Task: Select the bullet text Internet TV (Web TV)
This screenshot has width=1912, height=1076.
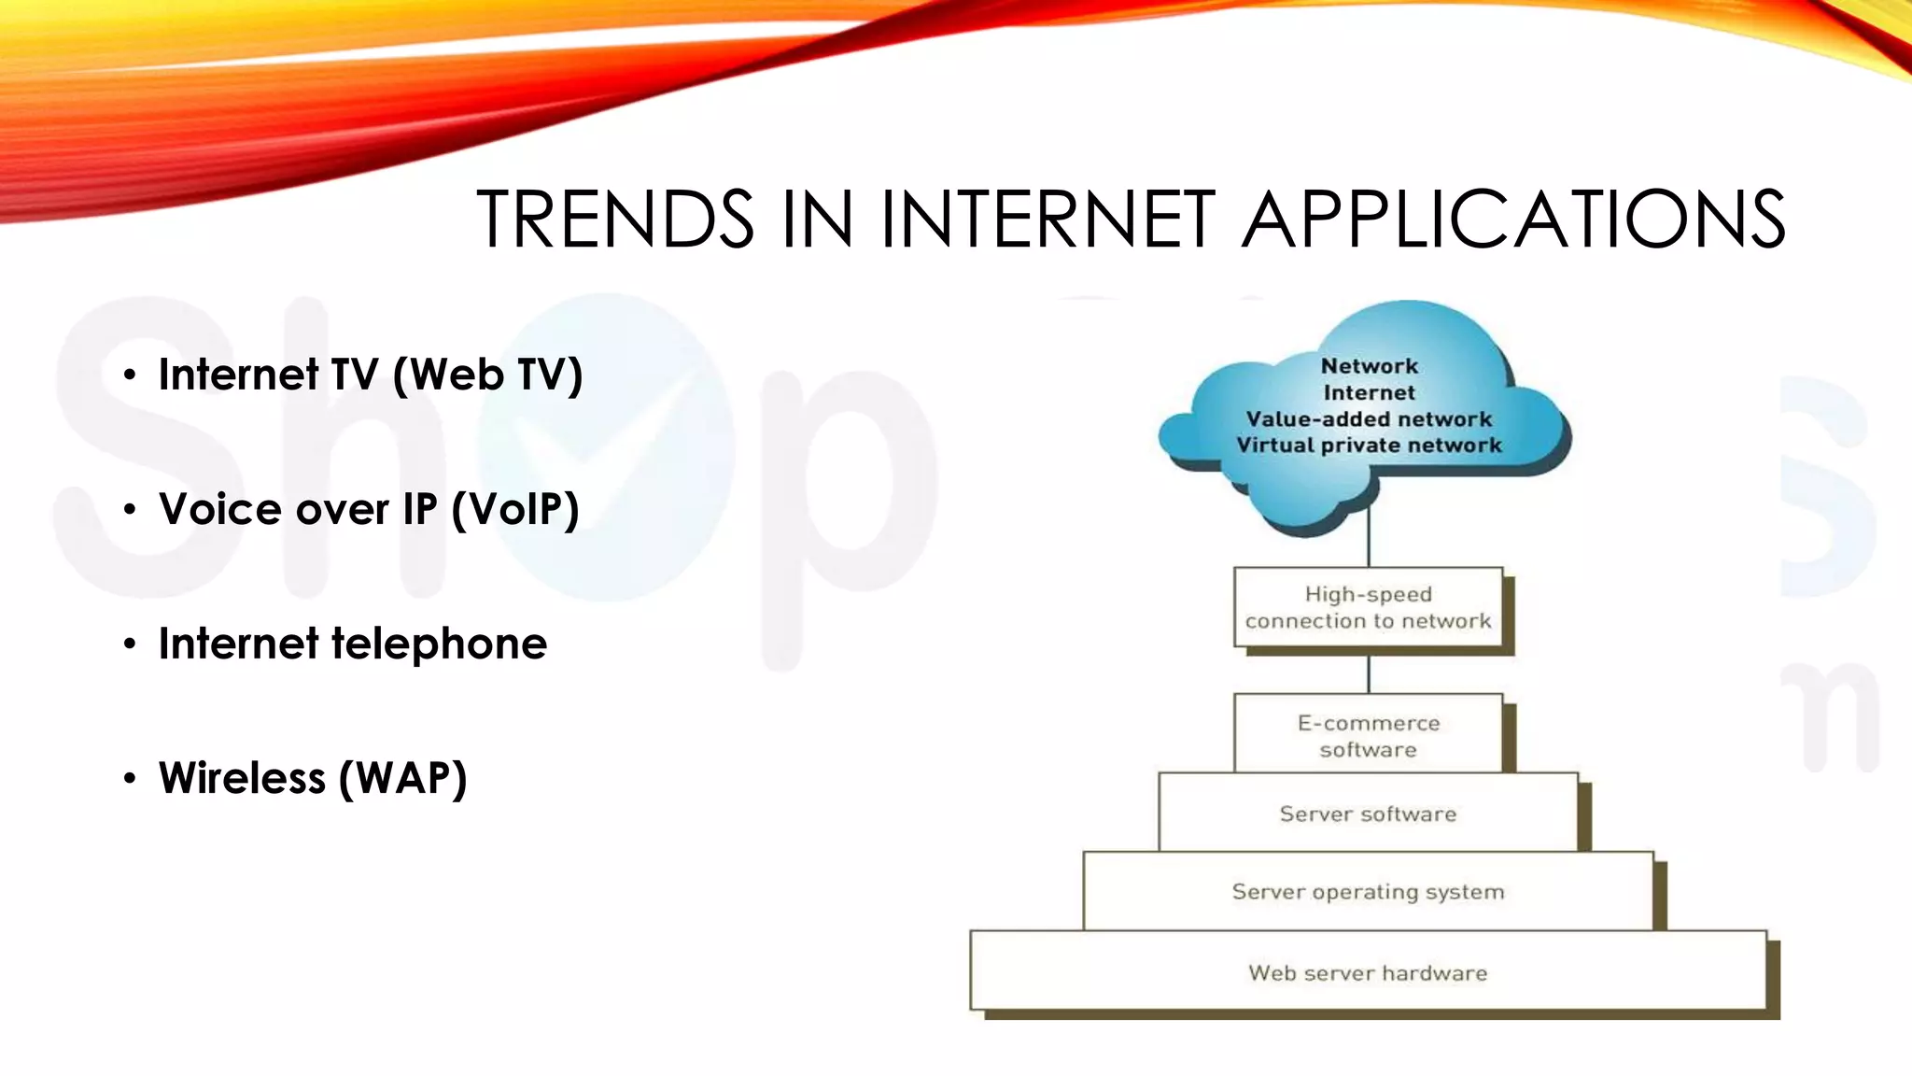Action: click(371, 375)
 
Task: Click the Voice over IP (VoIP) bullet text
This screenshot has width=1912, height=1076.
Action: click(369, 509)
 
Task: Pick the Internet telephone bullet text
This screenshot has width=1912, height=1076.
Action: click(352, 644)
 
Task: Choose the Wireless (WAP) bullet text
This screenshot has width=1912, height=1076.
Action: click(313, 778)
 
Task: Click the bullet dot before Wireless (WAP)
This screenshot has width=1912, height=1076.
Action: click(130, 779)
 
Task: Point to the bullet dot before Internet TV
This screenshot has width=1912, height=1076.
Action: click(130, 375)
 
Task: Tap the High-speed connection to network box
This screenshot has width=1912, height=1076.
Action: click(1368, 607)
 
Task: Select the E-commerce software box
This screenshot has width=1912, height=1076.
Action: click(1368, 735)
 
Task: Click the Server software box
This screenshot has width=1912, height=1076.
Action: click(1368, 814)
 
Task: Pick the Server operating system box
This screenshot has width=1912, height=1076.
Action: click(1368, 892)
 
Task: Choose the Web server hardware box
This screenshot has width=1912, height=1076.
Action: click(1368, 972)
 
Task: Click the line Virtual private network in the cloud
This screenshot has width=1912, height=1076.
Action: click(1369, 446)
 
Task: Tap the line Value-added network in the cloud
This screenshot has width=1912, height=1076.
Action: click(1369, 419)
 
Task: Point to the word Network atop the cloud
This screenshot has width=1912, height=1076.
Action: click(1370, 366)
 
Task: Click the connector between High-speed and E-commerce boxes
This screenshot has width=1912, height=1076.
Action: click(1369, 672)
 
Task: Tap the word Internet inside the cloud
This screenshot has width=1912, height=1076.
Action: click(1370, 393)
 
